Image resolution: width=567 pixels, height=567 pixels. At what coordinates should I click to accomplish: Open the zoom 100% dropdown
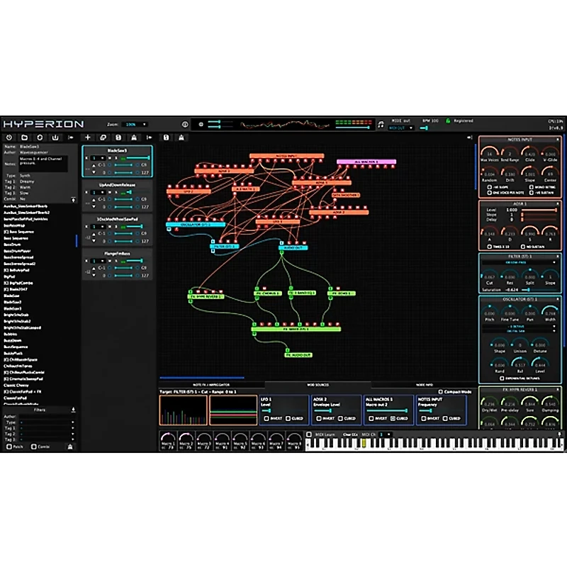click(135, 124)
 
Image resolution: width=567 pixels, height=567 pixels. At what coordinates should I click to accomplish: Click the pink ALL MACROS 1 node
click(366, 162)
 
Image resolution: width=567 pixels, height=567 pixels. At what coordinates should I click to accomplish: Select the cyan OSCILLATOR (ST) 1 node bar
click(195, 225)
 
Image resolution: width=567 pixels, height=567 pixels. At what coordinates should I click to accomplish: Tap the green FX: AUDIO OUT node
click(298, 354)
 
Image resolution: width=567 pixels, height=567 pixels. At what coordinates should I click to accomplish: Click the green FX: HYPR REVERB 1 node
click(206, 296)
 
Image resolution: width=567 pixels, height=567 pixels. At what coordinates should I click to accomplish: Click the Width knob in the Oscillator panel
click(550, 313)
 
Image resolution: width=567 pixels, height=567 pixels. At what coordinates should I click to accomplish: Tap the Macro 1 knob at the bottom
click(167, 439)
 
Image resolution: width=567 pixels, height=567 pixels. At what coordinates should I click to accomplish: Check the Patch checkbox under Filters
click(9, 447)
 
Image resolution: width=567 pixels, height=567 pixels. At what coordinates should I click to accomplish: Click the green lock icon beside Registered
click(448, 121)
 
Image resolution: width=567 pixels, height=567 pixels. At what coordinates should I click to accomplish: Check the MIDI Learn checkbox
click(309, 434)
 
